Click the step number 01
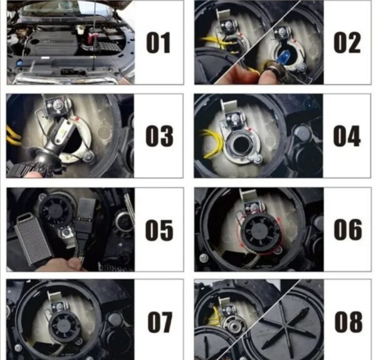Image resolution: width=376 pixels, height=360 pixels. (159, 43)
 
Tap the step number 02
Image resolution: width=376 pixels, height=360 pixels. (347, 43)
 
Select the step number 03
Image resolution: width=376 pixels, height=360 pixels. (159, 136)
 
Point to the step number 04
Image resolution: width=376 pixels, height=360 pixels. (347, 136)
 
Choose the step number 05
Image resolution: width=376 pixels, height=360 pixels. (159, 230)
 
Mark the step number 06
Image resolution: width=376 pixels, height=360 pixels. (348, 230)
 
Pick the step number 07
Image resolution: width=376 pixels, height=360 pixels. (160, 322)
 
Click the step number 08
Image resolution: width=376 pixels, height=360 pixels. (348, 322)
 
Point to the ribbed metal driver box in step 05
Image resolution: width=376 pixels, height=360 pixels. (33, 240)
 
